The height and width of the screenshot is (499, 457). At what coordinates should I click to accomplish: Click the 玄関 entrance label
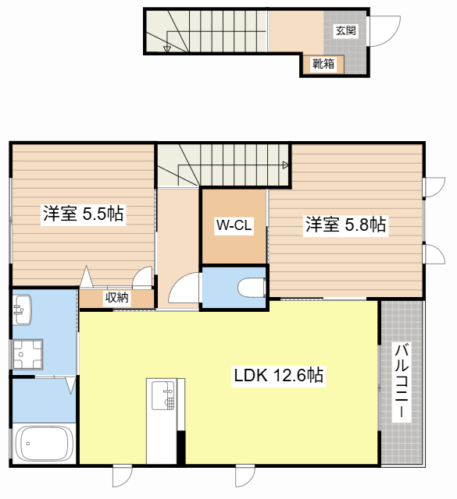(x=346, y=30)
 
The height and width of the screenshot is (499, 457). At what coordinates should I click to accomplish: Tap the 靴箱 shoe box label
(x=323, y=64)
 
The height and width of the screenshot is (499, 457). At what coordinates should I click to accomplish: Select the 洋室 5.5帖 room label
(x=84, y=214)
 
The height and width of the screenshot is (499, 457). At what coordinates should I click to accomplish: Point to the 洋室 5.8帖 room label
(x=346, y=225)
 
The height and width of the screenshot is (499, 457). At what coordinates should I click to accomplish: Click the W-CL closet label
(x=234, y=225)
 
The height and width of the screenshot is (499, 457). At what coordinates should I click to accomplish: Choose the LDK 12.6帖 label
(x=279, y=375)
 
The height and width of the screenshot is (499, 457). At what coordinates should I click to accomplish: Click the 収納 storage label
(x=116, y=298)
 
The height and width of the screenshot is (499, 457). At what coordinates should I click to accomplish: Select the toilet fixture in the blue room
(x=252, y=288)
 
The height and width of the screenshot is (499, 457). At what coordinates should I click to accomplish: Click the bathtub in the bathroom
(x=44, y=444)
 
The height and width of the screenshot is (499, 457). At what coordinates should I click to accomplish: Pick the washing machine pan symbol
(x=27, y=355)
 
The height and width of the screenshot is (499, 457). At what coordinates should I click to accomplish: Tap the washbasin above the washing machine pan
(x=23, y=310)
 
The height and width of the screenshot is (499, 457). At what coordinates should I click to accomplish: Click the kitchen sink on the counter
(x=163, y=395)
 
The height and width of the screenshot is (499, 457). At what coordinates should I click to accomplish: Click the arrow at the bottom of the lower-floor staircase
(x=167, y=48)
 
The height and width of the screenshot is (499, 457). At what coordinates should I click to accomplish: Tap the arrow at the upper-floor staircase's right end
(x=285, y=165)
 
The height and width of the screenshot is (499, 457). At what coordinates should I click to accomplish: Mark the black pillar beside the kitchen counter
(x=180, y=447)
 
